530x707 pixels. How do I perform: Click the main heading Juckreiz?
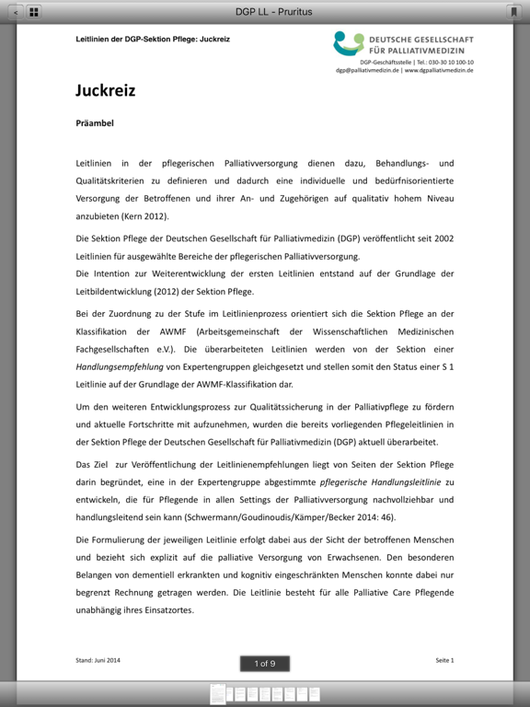coord(105,91)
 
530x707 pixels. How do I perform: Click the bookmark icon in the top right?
coord(513,12)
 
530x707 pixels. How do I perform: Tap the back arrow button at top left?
coord(15,12)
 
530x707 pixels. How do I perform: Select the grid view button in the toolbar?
coord(34,12)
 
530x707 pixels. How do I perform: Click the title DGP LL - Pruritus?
coord(265,11)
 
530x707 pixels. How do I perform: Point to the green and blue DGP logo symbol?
coord(349,42)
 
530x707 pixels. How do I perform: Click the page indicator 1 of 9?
coord(265,663)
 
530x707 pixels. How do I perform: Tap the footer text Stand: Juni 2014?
coord(98,660)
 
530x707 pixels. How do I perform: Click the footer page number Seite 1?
coord(444,660)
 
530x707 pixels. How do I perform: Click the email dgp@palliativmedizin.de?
coord(367,70)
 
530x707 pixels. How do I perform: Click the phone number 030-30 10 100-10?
coord(445,62)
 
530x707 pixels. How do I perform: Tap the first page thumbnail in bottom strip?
coord(217,693)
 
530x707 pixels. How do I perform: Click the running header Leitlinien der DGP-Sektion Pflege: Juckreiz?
coord(153,40)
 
